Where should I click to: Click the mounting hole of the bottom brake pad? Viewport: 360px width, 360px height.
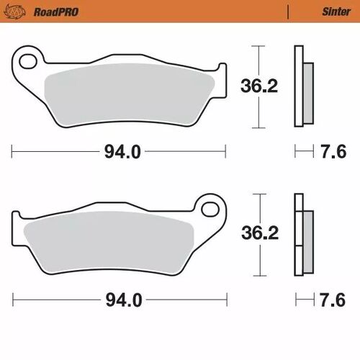click(x=210, y=209)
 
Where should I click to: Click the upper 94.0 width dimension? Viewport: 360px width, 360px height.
click(x=120, y=151)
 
